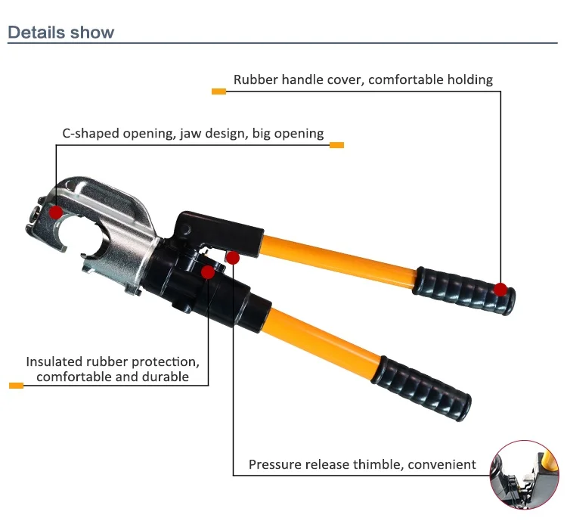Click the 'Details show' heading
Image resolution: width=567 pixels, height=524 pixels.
60,33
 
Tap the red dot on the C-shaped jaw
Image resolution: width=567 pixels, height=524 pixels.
56,212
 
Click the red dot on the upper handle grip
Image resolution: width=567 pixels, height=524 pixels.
500,289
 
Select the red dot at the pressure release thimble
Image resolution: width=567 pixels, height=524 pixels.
233,258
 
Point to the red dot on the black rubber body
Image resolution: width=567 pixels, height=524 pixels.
207,271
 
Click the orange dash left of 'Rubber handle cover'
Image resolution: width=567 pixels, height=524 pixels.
218,91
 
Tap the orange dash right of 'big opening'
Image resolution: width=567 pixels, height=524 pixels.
336,145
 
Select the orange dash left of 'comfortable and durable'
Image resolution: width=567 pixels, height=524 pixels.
16,386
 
